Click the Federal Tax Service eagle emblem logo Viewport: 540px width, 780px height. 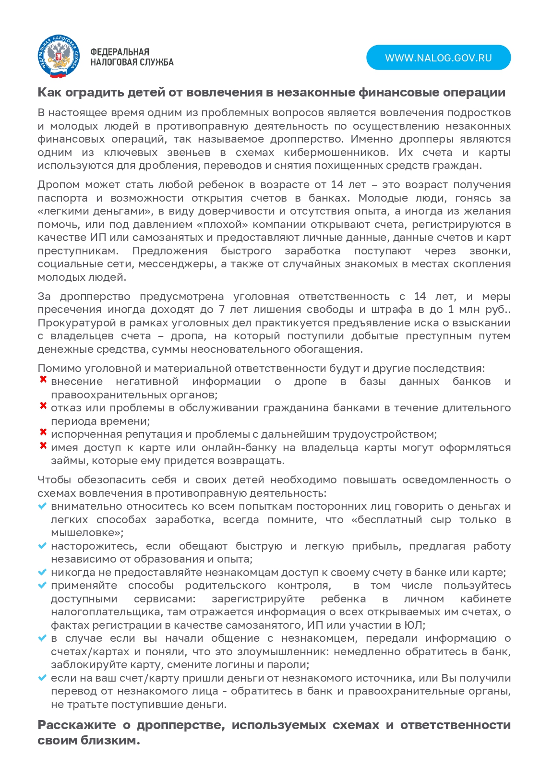click(x=58, y=57)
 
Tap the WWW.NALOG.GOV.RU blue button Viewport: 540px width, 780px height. click(x=438, y=58)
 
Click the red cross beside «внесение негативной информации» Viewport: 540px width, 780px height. click(x=43, y=380)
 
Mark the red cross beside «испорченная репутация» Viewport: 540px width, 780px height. click(x=43, y=432)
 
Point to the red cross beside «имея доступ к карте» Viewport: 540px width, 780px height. click(x=43, y=446)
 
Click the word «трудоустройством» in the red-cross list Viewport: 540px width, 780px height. click(x=390, y=434)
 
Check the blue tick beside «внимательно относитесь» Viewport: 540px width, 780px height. click(x=42, y=506)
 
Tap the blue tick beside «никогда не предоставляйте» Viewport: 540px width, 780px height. click(x=42, y=572)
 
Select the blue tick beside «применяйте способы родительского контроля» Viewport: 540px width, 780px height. click(x=42, y=585)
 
